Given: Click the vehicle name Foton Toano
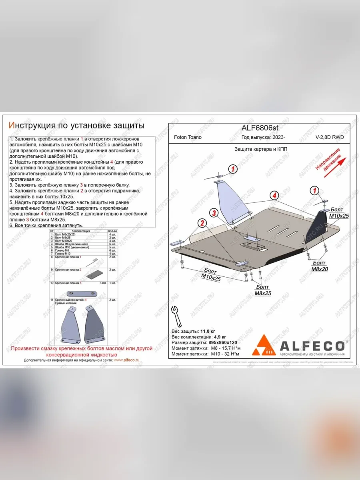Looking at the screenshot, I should (x=188, y=137).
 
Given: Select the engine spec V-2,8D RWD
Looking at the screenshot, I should (x=330, y=137).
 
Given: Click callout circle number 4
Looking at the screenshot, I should (x=274, y=196).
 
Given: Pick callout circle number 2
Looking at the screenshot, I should (x=203, y=223).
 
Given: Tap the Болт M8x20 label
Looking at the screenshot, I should (x=319, y=266).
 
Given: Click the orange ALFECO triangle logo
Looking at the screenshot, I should (x=263, y=345).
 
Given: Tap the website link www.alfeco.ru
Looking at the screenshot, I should (x=126, y=360).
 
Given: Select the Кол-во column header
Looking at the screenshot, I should (x=113, y=231).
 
